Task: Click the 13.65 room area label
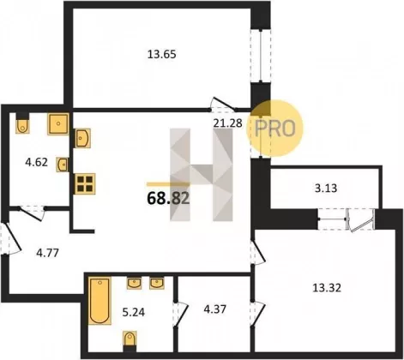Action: (161, 54)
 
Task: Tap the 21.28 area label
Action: (228, 123)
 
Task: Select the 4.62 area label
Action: (36, 162)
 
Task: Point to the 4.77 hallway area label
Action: (47, 253)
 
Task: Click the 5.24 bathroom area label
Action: (134, 312)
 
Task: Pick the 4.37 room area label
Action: (214, 309)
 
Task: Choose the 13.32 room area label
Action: (327, 288)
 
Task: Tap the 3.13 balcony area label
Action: (326, 189)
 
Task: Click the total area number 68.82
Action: (168, 198)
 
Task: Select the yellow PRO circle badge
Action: (274, 129)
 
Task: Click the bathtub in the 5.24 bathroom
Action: (99, 301)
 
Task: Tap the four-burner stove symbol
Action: (85, 183)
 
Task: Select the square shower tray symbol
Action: (58, 124)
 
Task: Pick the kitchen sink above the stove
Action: (82, 138)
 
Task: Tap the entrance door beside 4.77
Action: (10, 239)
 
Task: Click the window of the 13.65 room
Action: (261, 56)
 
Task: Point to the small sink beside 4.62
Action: (63, 165)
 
